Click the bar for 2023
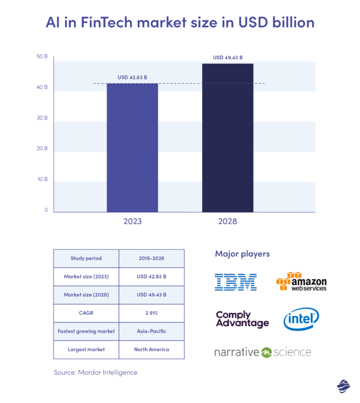132,148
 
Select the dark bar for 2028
227,138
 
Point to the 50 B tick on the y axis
42,57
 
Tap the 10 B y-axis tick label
42,179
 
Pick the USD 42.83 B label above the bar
132,78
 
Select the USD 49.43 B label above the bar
228,58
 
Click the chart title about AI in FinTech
179,23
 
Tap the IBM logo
236,282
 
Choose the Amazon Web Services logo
301,282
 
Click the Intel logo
301,319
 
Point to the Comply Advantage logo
242,319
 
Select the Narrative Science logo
263,352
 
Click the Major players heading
242,254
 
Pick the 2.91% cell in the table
151,313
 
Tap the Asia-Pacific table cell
151,331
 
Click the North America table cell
151,350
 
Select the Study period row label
86,259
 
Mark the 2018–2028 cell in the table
151,259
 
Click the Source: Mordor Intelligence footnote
96,372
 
